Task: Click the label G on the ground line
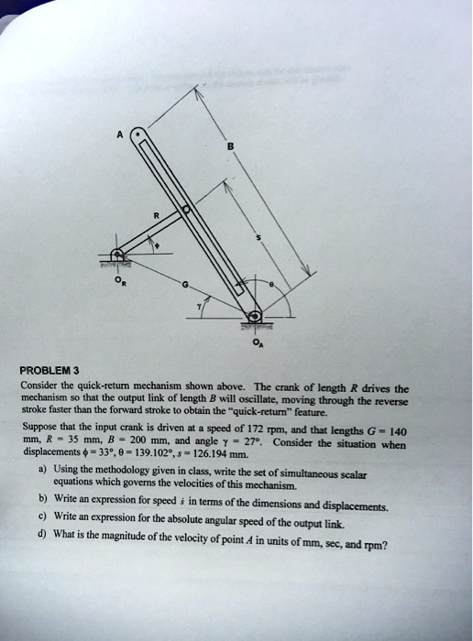coord(187,285)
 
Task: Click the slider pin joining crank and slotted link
coord(188,210)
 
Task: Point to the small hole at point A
coord(138,135)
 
